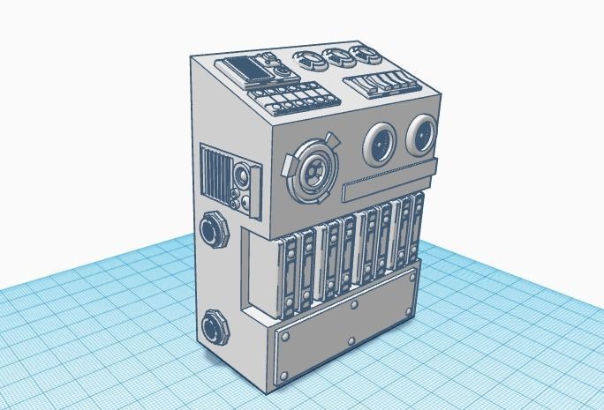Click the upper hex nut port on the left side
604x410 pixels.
[215, 230]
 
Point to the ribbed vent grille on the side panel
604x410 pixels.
[215, 173]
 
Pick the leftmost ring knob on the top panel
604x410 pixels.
[309, 61]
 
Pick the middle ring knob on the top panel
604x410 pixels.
[336, 58]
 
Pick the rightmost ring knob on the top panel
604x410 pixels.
[360, 56]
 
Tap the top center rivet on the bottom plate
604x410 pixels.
[354, 305]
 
